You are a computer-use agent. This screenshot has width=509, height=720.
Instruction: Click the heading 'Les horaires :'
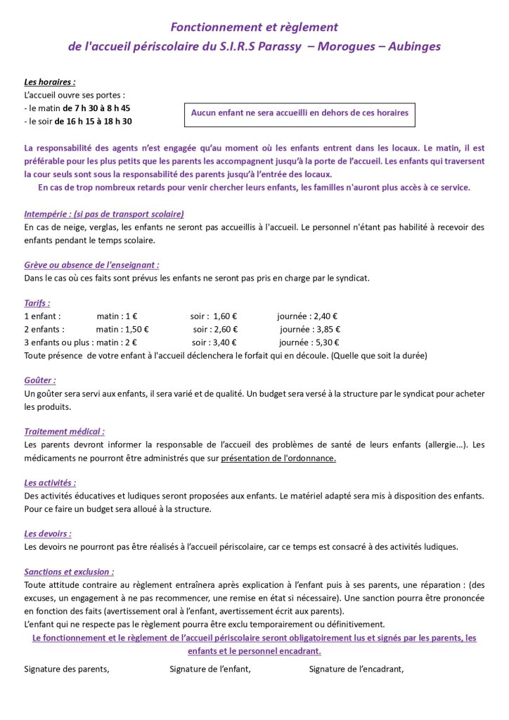tap(50, 82)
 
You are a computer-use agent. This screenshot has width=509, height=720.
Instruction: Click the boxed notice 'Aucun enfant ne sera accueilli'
tap(299, 112)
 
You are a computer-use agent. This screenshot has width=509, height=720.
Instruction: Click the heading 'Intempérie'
tap(104, 214)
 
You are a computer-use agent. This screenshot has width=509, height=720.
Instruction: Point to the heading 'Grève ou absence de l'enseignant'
tap(91, 265)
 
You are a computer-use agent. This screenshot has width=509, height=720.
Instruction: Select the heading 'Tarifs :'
tap(37, 303)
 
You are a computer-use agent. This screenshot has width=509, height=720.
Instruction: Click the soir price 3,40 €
tap(224, 342)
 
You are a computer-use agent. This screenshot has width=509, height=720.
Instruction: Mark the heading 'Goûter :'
tap(40, 380)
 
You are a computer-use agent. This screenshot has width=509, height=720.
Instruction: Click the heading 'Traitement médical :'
tap(65, 432)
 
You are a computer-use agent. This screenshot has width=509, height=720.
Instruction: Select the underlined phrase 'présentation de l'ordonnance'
tap(278, 458)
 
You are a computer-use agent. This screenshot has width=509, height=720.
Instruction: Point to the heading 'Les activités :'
tap(50, 483)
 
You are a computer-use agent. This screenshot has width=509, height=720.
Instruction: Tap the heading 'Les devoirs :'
tap(48, 534)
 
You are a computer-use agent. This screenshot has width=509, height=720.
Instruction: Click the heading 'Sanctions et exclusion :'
tap(69, 572)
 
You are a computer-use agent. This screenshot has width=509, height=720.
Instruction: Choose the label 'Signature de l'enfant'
tap(210, 669)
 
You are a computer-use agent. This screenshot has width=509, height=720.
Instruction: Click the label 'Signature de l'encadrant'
tap(356, 669)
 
